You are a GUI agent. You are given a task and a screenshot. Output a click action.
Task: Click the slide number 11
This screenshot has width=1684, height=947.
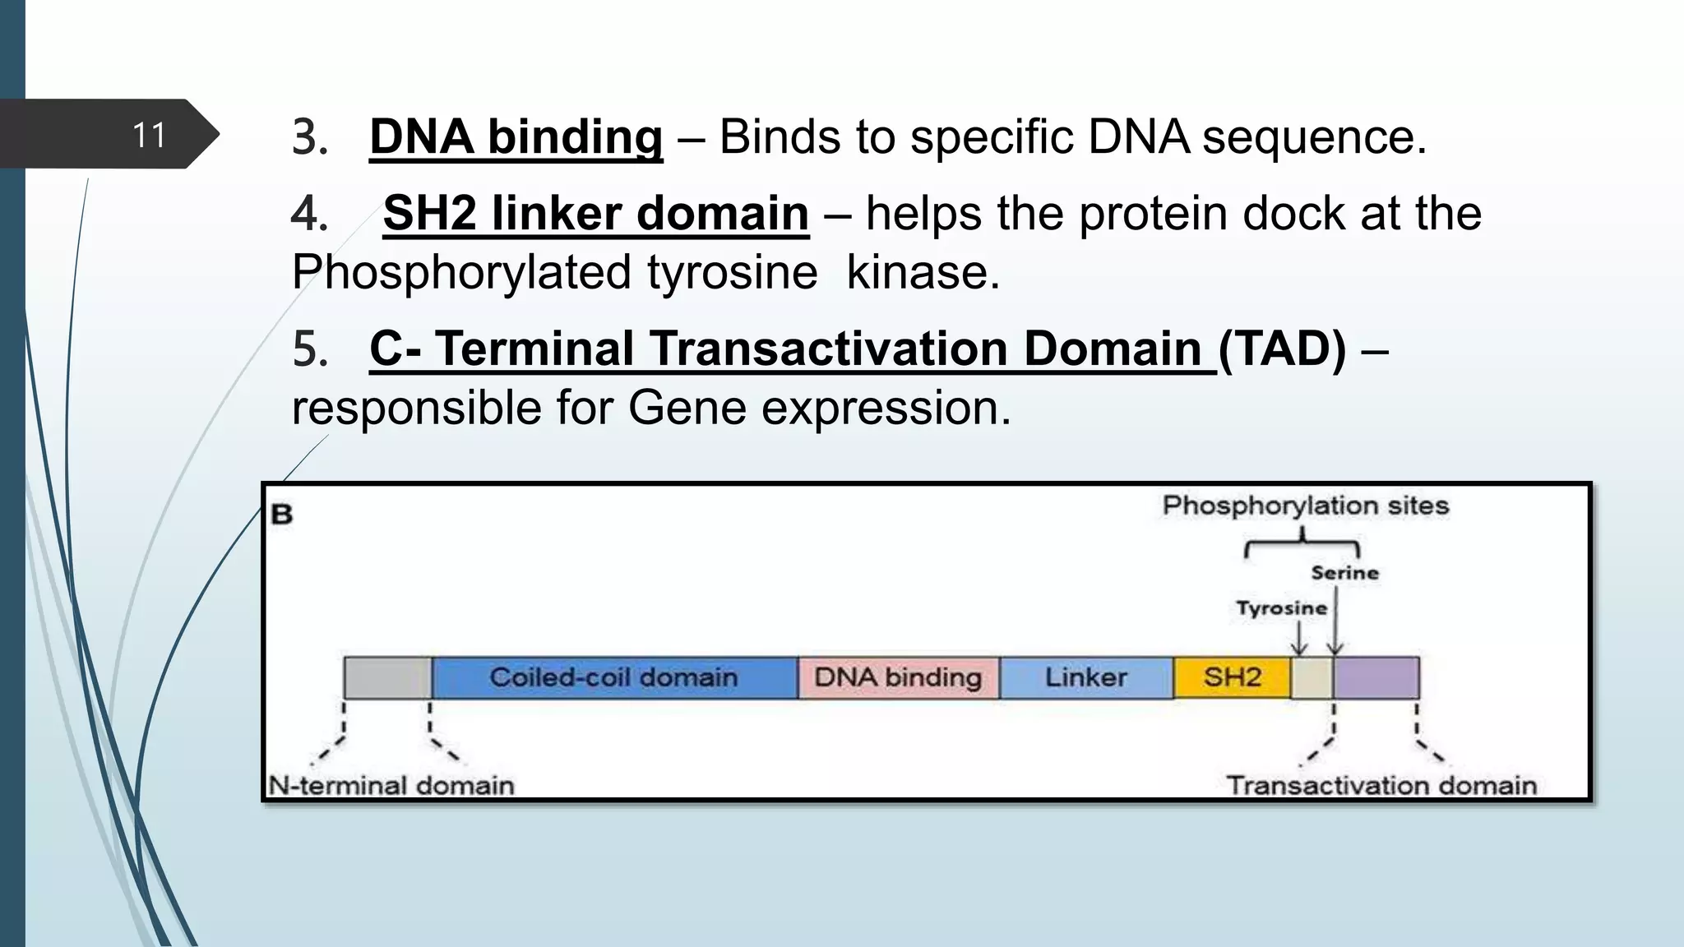pyautogui.click(x=149, y=135)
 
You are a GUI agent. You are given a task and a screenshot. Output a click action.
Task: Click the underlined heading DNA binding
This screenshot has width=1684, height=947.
pyautogui.click(x=516, y=136)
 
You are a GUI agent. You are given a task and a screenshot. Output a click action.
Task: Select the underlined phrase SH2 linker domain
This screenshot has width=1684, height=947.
pyautogui.click(x=595, y=214)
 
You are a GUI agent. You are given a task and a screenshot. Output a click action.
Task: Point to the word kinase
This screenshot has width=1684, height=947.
pyautogui.click(x=923, y=273)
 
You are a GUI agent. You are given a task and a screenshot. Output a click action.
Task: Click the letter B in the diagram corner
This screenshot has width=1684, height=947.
pyautogui.click(x=282, y=515)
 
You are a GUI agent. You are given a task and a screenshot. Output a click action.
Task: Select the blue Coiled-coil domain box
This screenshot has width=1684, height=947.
pyautogui.click(x=613, y=677)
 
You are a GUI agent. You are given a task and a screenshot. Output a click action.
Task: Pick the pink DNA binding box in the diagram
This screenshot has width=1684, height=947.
pyautogui.click(x=898, y=677)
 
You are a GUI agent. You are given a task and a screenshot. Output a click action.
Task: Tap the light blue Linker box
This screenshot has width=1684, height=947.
pyautogui.click(x=1085, y=677)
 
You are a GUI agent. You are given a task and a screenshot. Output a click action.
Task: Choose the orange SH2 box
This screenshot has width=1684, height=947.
pyautogui.click(x=1232, y=677)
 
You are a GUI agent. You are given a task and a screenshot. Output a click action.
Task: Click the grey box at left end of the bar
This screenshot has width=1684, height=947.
pyautogui.click(x=387, y=677)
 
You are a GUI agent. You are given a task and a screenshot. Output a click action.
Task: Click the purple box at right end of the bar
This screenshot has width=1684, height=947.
pyautogui.click(x=1376, y=677)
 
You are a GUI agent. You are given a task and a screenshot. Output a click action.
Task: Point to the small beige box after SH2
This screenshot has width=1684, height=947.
pyautogui.click(x=1312, y=677)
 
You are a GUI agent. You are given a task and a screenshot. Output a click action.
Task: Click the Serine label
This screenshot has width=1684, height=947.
pyautogui.click(x=1344, y=573)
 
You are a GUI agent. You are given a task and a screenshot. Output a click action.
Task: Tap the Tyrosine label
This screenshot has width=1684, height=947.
pyautogui.click(x=1281, y=608)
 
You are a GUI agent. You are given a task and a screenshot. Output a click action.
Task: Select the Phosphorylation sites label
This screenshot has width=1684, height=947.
pyautogui.click(x=1305, y=506)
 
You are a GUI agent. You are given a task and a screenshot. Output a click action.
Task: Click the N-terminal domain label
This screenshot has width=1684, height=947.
pyautogui.click(x=391, y=785)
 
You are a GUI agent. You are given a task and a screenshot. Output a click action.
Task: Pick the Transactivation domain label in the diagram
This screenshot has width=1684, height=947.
pyautogui.click(x=1381, y=785)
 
